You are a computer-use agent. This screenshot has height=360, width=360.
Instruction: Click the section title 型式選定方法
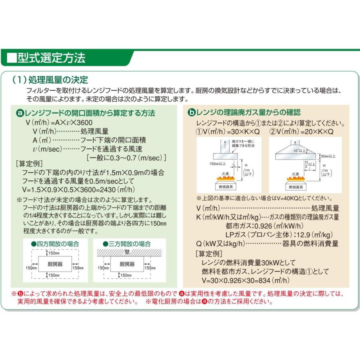tap(51, 58)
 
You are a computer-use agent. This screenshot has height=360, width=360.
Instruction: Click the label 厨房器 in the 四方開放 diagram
tap(55, 264)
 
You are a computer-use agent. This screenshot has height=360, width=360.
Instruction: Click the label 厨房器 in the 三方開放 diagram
tap(126, 264)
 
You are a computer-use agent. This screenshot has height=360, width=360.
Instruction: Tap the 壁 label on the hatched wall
tap(126, 252)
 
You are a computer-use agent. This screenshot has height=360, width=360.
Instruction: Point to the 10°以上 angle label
tap(299, 151)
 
